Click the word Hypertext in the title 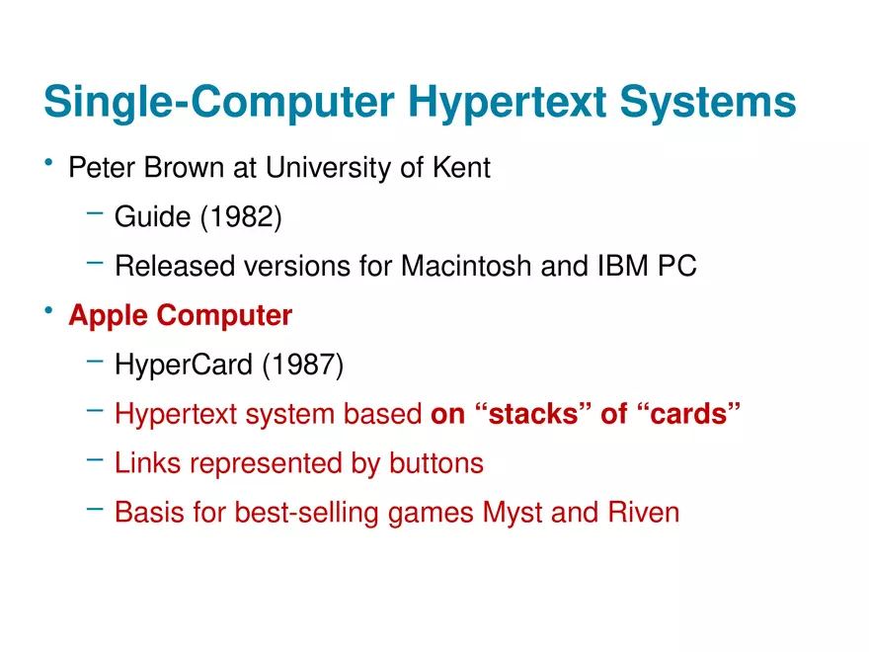(508, 103)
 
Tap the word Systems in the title (708, 103)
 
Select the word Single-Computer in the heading (219, 103)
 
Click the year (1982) (241, 216)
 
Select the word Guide (152, 216)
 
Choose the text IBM (622, 266)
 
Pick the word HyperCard (184, 365)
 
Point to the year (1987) (302, 365)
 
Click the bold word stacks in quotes (533, 414)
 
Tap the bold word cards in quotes (688, 414)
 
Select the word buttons (436, 463)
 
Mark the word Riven (644, 512)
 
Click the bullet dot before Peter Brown (48, 162)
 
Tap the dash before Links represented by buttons (95, 459)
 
